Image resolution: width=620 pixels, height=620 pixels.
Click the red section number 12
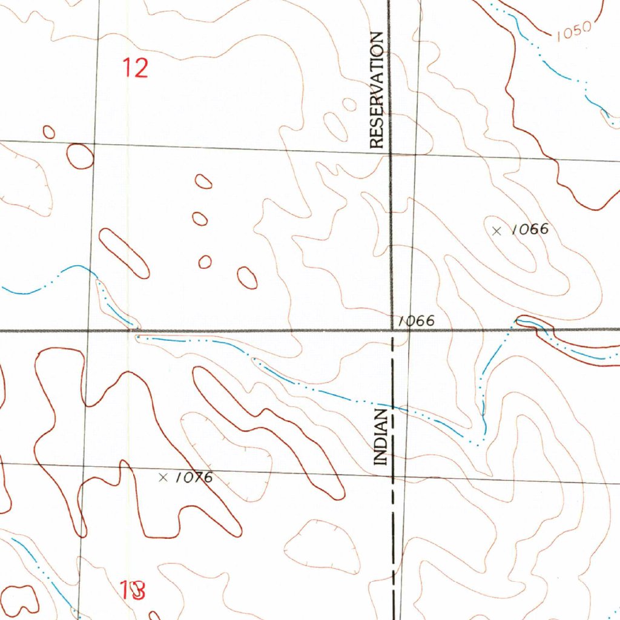click(x=136, y=67)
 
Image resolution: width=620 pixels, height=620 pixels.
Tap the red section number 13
click(x=132, y=590)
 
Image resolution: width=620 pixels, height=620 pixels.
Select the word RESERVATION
click(x=377, y=91)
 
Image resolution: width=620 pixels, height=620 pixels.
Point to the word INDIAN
click(x=381, y=437)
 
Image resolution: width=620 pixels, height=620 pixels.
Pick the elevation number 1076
click(x=194, y=478)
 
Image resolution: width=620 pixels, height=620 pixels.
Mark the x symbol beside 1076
click(x=162, y=478)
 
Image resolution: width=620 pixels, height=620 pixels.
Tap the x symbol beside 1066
click(x=497, y=231)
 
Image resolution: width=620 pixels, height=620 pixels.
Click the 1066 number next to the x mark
click(x=529, y=229)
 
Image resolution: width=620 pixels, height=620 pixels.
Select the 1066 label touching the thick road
click(x=417, y=321)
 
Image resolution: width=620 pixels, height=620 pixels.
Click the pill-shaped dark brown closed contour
click(x=124, y=254)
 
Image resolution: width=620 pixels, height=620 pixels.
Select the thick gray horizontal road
click(x=242, y=331)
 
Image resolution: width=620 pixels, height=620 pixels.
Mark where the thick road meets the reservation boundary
click(x=392, y=331)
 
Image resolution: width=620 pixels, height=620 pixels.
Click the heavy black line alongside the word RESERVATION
click(x=390, y=91)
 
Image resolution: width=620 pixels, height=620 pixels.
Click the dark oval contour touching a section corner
click(x=80, y=156)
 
